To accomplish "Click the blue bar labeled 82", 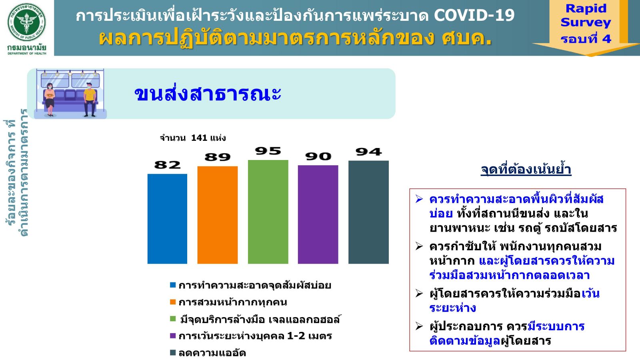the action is point(167,219).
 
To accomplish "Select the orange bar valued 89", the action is point(218,215).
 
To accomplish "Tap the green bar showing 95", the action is point(268,212).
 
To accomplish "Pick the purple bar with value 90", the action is point(318,214).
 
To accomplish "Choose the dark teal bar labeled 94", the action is point(368,212).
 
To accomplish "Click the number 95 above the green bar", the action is point(268,151).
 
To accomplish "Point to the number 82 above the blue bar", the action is point(168,165).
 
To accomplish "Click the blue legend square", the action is point(173,285).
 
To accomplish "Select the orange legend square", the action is point(173,302).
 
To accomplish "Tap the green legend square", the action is point(173,319).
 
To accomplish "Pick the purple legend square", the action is point(173,336).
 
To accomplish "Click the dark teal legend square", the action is point(173,352).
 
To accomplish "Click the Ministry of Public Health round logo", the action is point(26,22).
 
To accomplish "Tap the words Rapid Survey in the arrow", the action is point(586,16).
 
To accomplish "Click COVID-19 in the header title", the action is point(474,16).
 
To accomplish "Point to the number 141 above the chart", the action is point(199,138).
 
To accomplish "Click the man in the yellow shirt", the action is point(90,100).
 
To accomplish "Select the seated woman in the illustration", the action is point(50,100).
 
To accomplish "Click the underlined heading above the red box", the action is point(526,170).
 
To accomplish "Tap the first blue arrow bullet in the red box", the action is point(419,199).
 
